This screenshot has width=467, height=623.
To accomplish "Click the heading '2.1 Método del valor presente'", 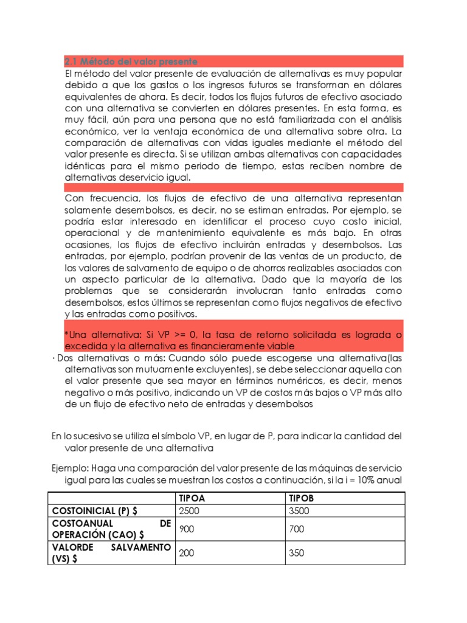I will [x=131, y=61].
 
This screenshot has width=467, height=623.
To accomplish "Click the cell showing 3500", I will [x=300, y=510].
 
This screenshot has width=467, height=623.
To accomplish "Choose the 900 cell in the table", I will [x=187, y=529].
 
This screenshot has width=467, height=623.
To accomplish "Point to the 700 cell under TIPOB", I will [x=297, y=529].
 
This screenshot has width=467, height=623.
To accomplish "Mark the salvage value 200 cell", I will [x=187, y=554].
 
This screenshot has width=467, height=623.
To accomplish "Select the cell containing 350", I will [x=297, y=554].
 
